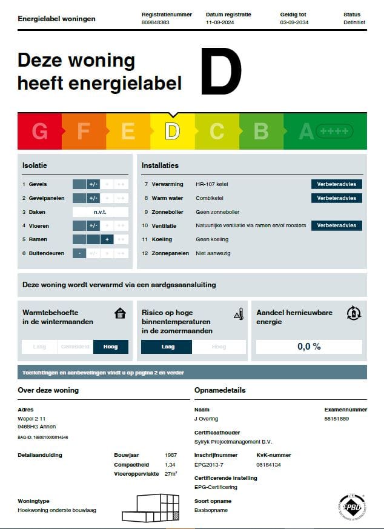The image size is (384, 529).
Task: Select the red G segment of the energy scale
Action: (x=39, y=131)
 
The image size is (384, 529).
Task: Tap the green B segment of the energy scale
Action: (x=260, y=131)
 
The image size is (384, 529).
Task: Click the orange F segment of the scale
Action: (x=84, y=131)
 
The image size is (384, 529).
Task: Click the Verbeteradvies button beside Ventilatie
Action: (x=337, y=225)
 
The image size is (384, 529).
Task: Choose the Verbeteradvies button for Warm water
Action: (x=337, y=198)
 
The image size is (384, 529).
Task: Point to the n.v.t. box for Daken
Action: (x=100, y=212)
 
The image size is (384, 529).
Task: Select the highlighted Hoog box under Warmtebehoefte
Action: (x=111, y=347)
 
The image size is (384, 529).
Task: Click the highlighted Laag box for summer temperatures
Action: (x=167, y=347)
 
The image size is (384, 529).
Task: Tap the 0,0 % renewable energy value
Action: (x=309, y=347)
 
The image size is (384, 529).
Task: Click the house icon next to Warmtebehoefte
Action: (x=121, y=313)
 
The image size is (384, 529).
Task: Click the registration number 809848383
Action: (x=156, y=22)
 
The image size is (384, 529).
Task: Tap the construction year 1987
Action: (x=171, y=455)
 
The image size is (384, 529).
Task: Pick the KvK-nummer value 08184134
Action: (x=268, y=464)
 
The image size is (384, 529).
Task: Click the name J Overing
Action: (x=207, y=419)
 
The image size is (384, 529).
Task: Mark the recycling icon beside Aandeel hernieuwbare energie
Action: (x=353, y=313)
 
